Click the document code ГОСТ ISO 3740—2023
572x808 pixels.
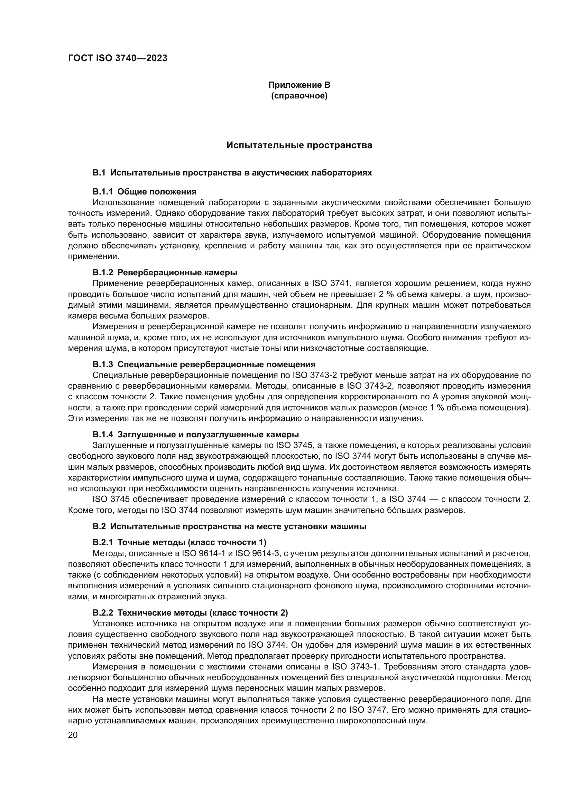(118, 58)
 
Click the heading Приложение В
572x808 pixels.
(299, 85)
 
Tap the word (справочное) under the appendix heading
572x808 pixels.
(299, 96)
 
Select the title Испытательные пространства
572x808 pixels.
(299, 145)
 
